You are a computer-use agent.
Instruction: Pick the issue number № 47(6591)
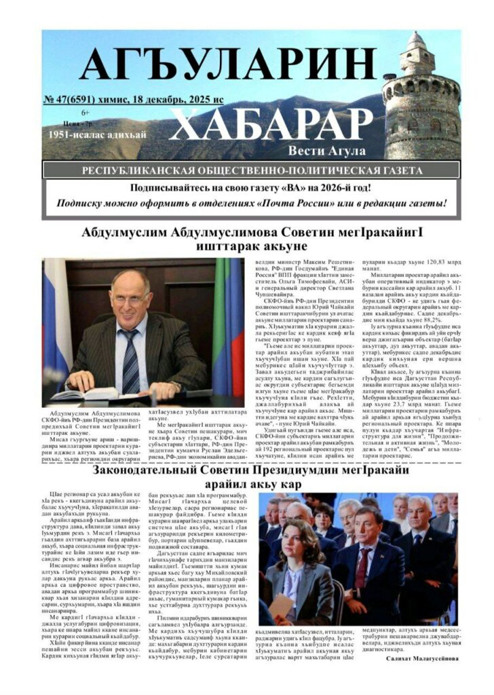pyautogui.click(x=73, y=100)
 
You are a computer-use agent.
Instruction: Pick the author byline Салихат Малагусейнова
pyautogui.click(x=422, y=658)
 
